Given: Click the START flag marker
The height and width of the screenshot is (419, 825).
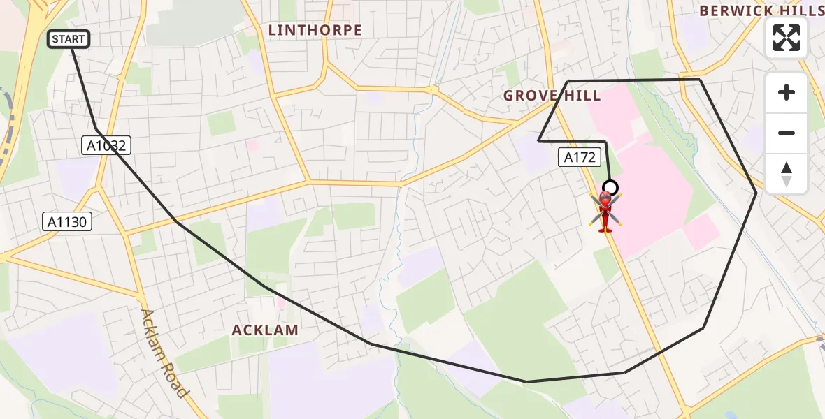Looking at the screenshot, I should click(x=69, y=39).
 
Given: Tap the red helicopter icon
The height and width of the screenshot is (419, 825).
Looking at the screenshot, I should click(x=605, y=210).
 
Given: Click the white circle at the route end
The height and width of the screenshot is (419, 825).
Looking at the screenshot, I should click(x=610, y=187).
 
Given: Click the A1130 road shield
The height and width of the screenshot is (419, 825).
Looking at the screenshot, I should click(x=67, y=222).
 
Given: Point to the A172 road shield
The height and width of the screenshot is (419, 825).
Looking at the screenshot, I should click(x=580, y=157).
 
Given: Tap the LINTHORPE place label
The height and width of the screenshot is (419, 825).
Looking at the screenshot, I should click(x=315, y=30).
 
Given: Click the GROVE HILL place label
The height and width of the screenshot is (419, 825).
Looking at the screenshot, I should click(x=552, y=96).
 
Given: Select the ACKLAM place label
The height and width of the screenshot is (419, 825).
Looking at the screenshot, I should click(x=265, y=330).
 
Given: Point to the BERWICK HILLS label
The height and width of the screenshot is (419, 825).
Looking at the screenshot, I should click(x=761, y=10).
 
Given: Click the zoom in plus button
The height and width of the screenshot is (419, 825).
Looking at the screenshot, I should click(x=787, y=92).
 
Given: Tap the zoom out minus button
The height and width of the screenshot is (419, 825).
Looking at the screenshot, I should click(x=787, y=133).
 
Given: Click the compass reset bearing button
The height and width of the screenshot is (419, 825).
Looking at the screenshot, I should click(x=787, y=174).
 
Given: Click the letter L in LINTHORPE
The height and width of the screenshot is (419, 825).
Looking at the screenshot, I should click(x=273, y=30).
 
